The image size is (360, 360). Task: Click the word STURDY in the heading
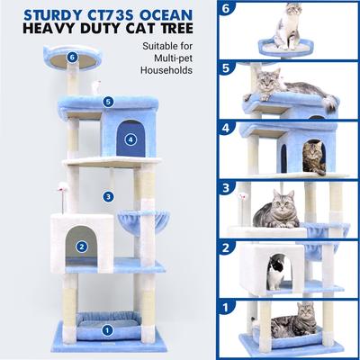[x=40, y=15]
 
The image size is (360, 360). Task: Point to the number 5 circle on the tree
[x=107, y=102]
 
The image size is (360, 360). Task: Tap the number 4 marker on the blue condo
[x=130, y=139]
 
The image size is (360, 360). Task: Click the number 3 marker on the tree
[x=108, y=195]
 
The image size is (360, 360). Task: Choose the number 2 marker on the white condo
[x=81, y=246]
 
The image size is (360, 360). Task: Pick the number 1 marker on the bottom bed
[x=107, y=328]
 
